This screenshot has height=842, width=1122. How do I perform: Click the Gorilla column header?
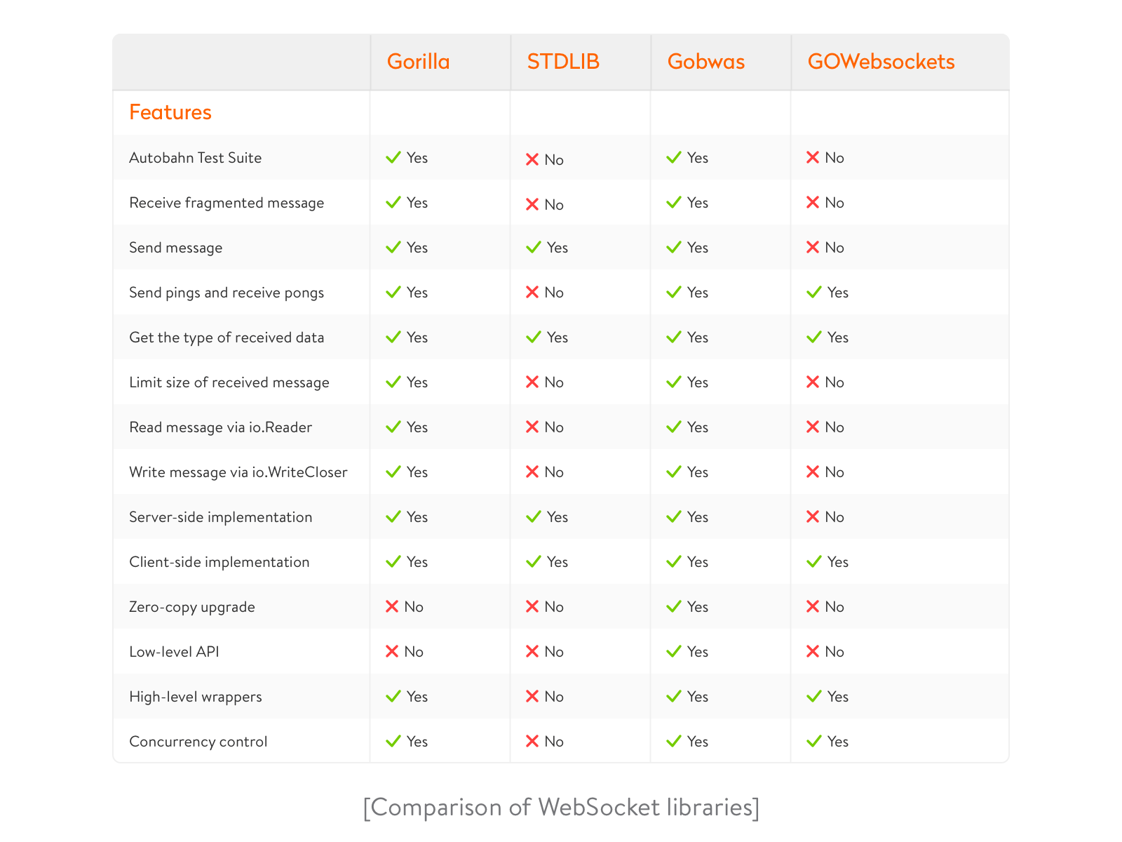[x=418, y=61]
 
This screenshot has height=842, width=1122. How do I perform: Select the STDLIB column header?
[x=563, y=61]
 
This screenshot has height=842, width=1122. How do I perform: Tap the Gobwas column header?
[x=705, y=61]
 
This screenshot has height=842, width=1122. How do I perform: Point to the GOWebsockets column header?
[x=880, y=61]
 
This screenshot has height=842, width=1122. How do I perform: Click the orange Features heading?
[x=170, y=112]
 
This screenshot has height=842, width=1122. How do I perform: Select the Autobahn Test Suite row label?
[x=195, y=157]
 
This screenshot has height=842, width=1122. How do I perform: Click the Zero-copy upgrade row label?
[x=191, y=607]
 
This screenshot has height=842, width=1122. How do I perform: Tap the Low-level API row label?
[x=174, y=651]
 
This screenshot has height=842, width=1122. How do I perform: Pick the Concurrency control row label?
[x=198, y=741]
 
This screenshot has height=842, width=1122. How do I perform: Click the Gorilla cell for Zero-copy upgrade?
[x=404, y=606]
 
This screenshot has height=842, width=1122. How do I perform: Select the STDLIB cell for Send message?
[x=546, y=248]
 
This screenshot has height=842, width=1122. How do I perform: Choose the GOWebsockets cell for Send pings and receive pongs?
[x=827, y=293]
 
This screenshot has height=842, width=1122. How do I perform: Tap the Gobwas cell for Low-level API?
[x=687, y=651]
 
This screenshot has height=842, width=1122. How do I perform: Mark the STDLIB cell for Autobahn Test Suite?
[x=544, y=159]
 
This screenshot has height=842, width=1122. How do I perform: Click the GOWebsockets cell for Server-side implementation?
[x=825, y=517]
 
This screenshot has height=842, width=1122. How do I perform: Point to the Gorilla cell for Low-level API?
[x=404, y=651]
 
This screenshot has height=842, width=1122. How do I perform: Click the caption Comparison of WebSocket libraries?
[x=561, y=808]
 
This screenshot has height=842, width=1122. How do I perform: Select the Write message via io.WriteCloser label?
[x=238, y=472]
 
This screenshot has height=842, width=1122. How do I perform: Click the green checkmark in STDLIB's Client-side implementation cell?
[x=533, y=561]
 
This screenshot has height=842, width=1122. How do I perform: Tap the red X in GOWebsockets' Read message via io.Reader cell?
[x=812, y=427]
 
